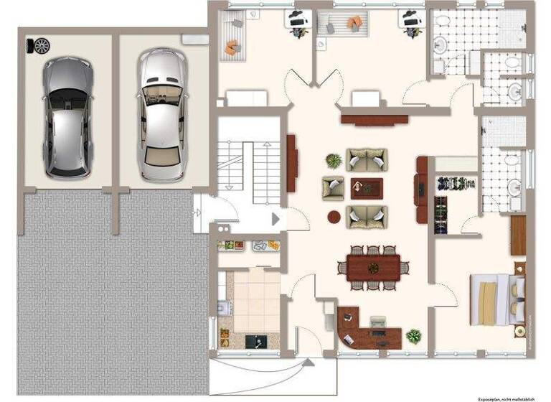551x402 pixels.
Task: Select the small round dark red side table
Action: [x=334, y=215]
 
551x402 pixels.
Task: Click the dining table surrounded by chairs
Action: [x=373, y=268]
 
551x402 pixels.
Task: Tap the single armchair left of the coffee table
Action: [x=333, y=188]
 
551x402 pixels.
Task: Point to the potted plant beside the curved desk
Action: [x=414, y=335]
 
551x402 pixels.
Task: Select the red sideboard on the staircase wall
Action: [x=293, y=164]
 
